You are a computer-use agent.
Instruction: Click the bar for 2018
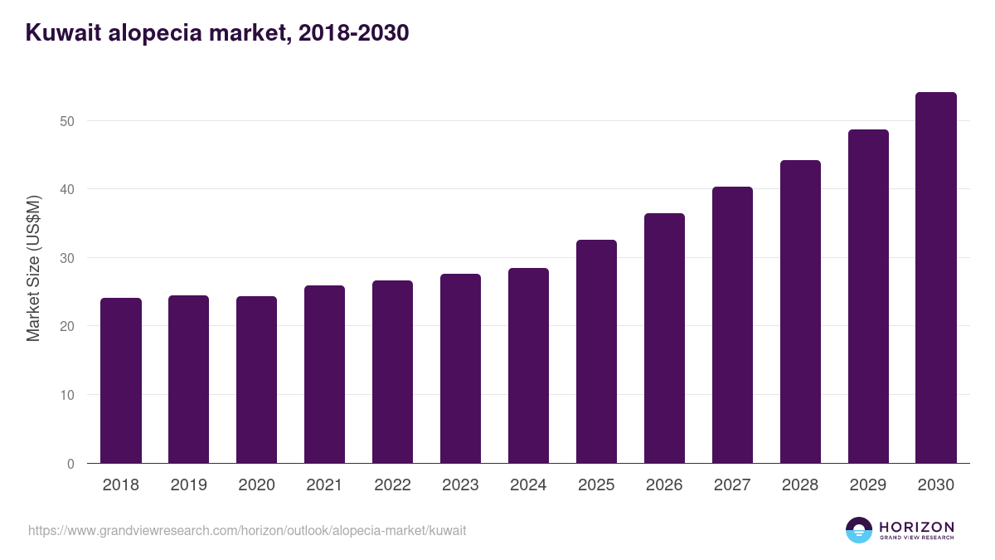[x=121, y=381]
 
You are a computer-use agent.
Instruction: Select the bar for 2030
[x=936, y=278]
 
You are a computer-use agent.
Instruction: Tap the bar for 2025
[x=596, y=352]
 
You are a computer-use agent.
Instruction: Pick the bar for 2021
[x=324, y=374]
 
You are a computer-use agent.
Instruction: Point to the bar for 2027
[x=732, y=325]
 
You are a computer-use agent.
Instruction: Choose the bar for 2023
[x=460, y=368]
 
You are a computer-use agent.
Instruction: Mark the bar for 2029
[x=868, y=296]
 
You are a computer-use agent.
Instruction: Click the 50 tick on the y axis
[x=66, y=121]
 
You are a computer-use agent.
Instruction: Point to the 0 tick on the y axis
[x=70, y=464]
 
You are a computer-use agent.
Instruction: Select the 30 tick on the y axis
[x=66, y=258]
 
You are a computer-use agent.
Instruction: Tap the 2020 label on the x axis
[x=256, y=485]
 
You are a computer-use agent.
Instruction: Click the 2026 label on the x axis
[x=664, y=485]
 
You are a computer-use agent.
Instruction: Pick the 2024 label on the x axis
[x=528, y=485]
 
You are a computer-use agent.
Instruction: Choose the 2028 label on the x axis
[x=800, y=485]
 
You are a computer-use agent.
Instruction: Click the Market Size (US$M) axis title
[x=33, y=268]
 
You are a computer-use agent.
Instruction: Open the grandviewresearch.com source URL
[x=247, y=530]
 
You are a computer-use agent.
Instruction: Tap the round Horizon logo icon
[x=859, y=530]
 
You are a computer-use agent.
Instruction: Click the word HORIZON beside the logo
[x=916, y=526]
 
